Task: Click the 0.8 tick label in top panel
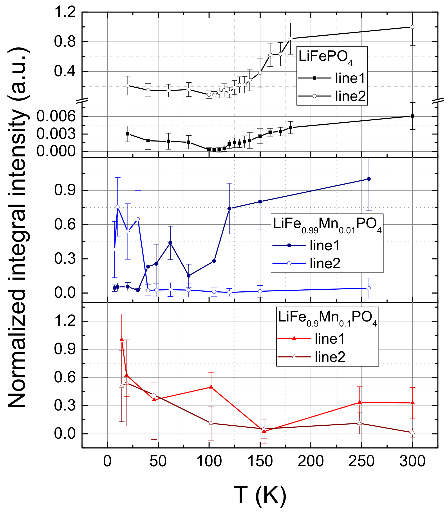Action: coord(65,42)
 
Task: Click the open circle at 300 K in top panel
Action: coord(412,27)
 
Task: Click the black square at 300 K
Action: coord(412,116)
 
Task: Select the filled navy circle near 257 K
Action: coord(369,179)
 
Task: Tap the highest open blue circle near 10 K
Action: coord(117,207)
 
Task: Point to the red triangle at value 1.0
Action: coord(122,340)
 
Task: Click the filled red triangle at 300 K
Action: coord(412,403)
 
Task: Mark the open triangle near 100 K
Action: coord(211,423)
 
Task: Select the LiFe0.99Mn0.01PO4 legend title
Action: coord(327,224)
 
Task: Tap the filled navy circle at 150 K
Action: coord(260,202)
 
